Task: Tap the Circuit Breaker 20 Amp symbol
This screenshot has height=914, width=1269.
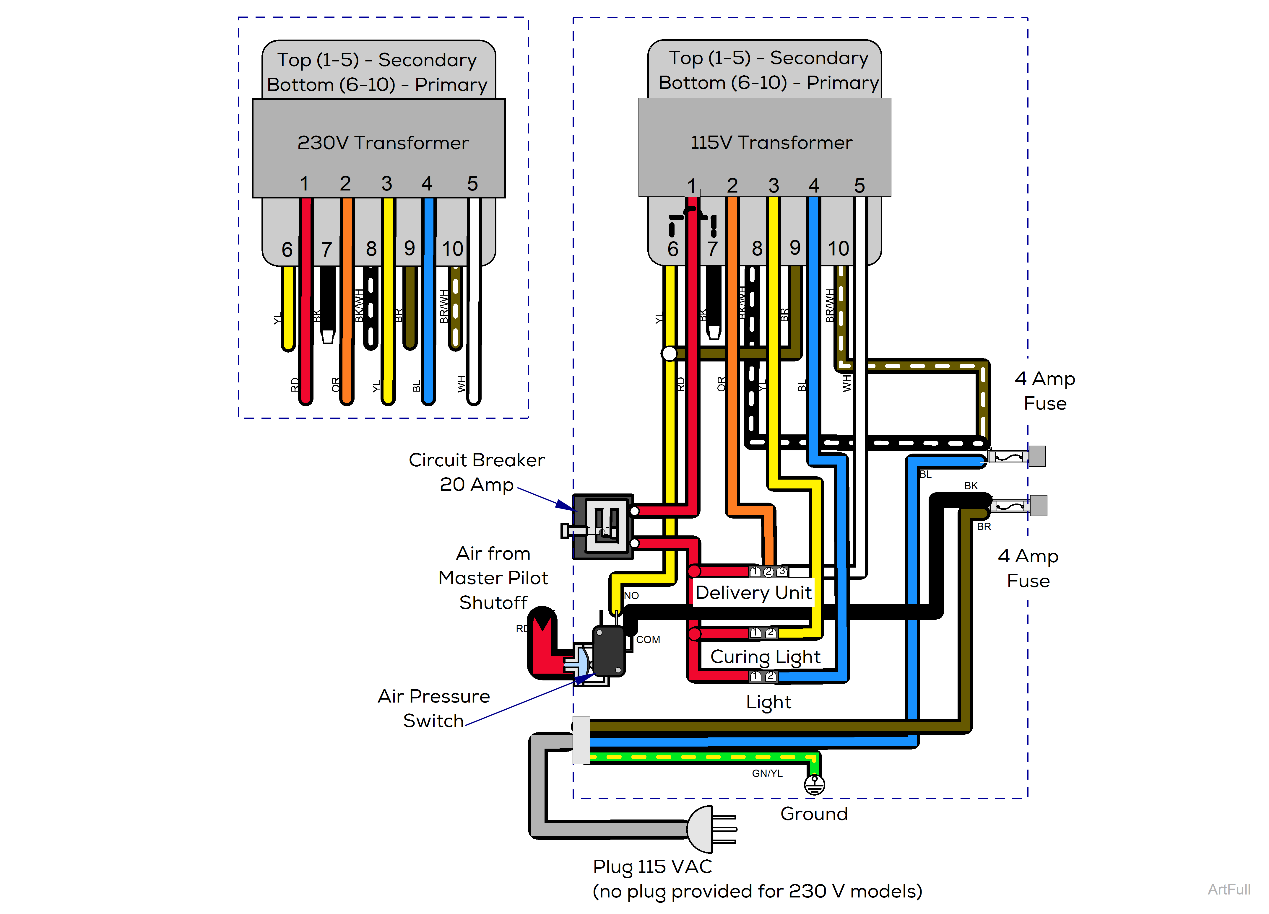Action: tap(603, 526)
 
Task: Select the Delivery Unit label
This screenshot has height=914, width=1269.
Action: tap(753, 592)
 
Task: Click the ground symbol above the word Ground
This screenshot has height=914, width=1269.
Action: tap(814, 785)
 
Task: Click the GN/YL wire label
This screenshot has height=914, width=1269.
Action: tap(767, 773)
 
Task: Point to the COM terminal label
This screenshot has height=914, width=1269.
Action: tap(648, 639)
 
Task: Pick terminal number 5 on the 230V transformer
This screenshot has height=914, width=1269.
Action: tap(472, 183)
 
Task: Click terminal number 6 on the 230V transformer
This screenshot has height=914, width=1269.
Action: tap(287, 250)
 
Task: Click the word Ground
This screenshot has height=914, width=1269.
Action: tap(814, 814)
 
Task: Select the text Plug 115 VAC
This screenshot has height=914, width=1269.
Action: tap(652, 866)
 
